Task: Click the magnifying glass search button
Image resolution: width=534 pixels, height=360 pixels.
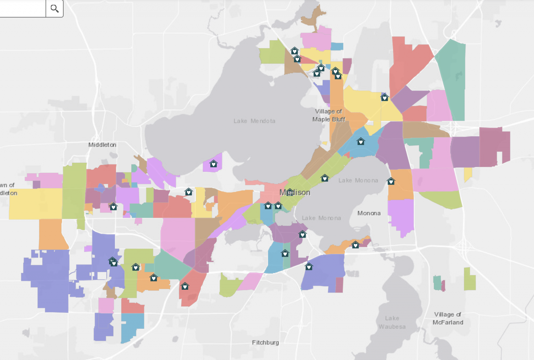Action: (55, 8)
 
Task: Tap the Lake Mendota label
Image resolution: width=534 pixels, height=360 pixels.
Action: (254, 121)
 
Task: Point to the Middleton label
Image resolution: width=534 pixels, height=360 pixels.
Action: (102, 145)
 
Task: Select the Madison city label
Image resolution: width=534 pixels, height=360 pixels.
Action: (295, 192)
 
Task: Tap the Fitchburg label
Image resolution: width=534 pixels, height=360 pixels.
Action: (265, 343)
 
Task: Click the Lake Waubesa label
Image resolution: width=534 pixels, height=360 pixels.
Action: (392, 322)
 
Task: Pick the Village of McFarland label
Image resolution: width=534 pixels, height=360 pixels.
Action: (448, 318)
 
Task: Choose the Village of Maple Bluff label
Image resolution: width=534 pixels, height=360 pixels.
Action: (329, 115)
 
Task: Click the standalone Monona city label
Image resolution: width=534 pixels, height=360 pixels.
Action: (369, 213)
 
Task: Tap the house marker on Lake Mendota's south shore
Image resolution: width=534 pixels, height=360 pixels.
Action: (213, 164)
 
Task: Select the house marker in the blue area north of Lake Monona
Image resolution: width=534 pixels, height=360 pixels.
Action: (361, 142)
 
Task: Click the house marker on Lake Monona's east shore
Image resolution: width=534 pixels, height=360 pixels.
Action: (391, 181)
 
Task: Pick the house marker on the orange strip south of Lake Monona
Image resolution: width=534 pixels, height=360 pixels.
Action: (355, 245)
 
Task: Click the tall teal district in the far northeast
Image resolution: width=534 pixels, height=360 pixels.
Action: (452, 80)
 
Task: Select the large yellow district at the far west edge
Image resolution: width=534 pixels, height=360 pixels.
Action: (35, 203)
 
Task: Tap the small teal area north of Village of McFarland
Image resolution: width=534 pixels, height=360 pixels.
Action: (437, 283)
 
